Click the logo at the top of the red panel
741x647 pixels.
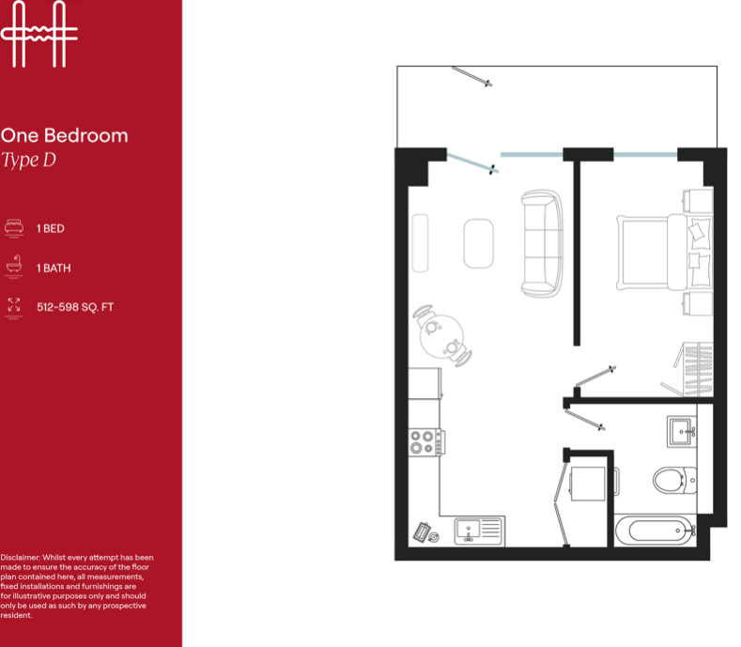coord(39,34)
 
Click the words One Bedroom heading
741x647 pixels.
coord(64,135)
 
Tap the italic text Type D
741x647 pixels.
coord(28,161)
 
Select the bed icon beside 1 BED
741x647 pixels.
coord(14,228)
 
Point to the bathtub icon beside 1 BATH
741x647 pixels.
coord(14,267)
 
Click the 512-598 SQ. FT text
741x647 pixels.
coord(75,307)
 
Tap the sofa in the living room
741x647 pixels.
coord(542,243)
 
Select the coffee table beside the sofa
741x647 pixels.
coord(478,243)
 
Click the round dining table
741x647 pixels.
coord(441,336)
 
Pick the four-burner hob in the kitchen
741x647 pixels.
coord(426,442)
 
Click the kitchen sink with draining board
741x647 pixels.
coord(479,531)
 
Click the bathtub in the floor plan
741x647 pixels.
coord(656,531)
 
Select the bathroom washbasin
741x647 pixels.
coord(682,432)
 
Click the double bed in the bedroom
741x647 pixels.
coord(664,252)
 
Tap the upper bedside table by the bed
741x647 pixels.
coord(698,201)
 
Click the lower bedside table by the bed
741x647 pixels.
coord(698,303)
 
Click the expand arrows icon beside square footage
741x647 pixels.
coord(14,306)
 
